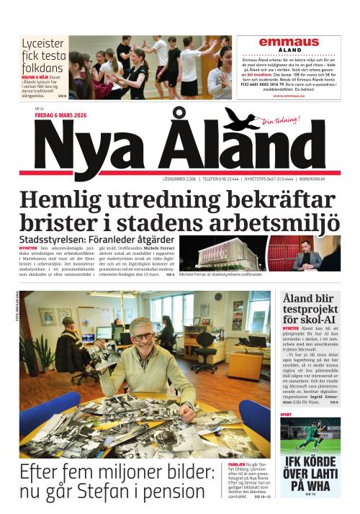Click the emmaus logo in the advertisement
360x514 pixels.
click(289, 42)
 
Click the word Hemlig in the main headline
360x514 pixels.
click(65, 199)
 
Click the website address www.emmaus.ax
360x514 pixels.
click(289, 95)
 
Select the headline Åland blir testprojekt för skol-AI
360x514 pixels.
click(315, 308)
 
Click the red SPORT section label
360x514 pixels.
click(287, 415)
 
